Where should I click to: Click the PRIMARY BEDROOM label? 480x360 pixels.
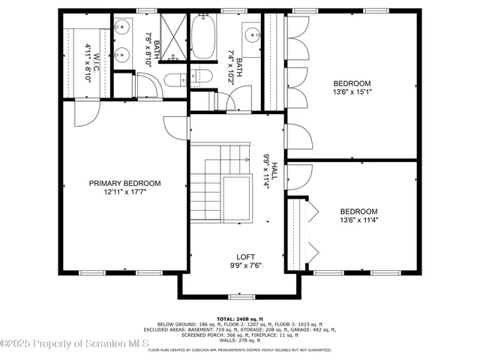pos(124,183)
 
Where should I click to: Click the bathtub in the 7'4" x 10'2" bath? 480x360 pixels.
pos(203,38)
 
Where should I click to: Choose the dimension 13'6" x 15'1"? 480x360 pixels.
pos(351,93)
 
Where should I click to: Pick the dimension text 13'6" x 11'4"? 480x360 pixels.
pos(358,221)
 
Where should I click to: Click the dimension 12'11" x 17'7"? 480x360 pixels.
pos(124,193)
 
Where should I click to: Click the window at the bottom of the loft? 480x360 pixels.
pos(240,297)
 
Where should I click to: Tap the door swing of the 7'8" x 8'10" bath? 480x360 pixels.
pos(147,88)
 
